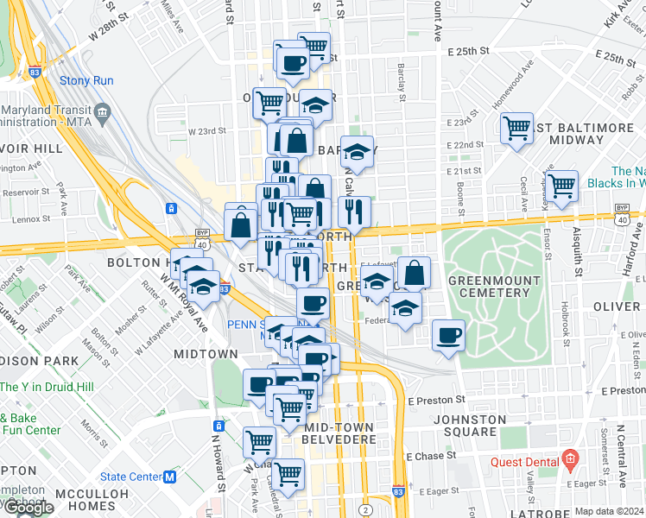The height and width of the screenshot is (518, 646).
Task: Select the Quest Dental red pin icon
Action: [x=569, y=458]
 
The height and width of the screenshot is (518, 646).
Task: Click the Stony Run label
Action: [x=81, y=81]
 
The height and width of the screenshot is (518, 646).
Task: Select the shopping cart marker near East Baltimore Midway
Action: [x=516, y=129]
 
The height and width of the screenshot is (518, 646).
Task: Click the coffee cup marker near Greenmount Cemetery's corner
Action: [x=447, y=335]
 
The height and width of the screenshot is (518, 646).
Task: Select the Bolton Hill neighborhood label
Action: [x=138, y=262]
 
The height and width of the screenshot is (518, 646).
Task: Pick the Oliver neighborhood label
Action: [x=617, y=307]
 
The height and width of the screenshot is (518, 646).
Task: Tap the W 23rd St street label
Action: [x=206, y=131]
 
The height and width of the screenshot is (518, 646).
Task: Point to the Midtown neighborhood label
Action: [x=206, y=354]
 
